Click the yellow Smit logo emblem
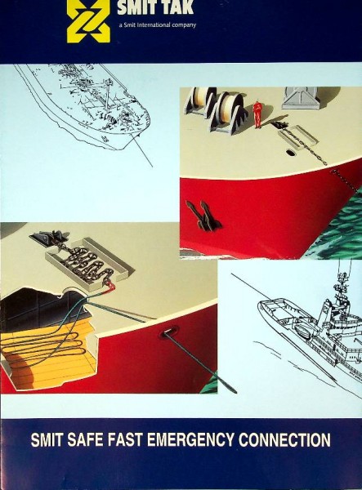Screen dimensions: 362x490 pyautogui.click(x=88, y=20)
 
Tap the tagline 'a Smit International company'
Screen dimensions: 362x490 pyautogui.click(x=157, y=25)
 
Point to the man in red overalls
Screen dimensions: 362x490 pyautogui.click(x=257, y=114)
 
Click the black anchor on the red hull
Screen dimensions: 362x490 pyautogui.click(x=203, y=216)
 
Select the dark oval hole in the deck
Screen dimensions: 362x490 pyautogui.click(x=290, y=153)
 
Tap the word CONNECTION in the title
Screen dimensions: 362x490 pyautogui.click(x=284, y=439)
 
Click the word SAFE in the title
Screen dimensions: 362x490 pyautogui.click(x=85, y=439)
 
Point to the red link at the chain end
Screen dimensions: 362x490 pyautogui.click(x=112, y=285)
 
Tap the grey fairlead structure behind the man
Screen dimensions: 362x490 pyautogui.click(x=302, y=97)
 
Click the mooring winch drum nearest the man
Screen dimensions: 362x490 pyautogui.click(x=229, y=113)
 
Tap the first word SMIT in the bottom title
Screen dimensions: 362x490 pyautogui.click(x=47, y=439)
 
